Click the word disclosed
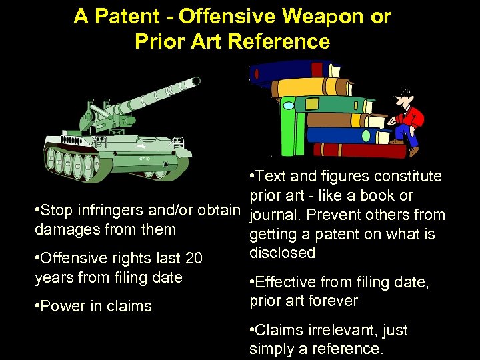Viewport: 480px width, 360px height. (x=282, y=253)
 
